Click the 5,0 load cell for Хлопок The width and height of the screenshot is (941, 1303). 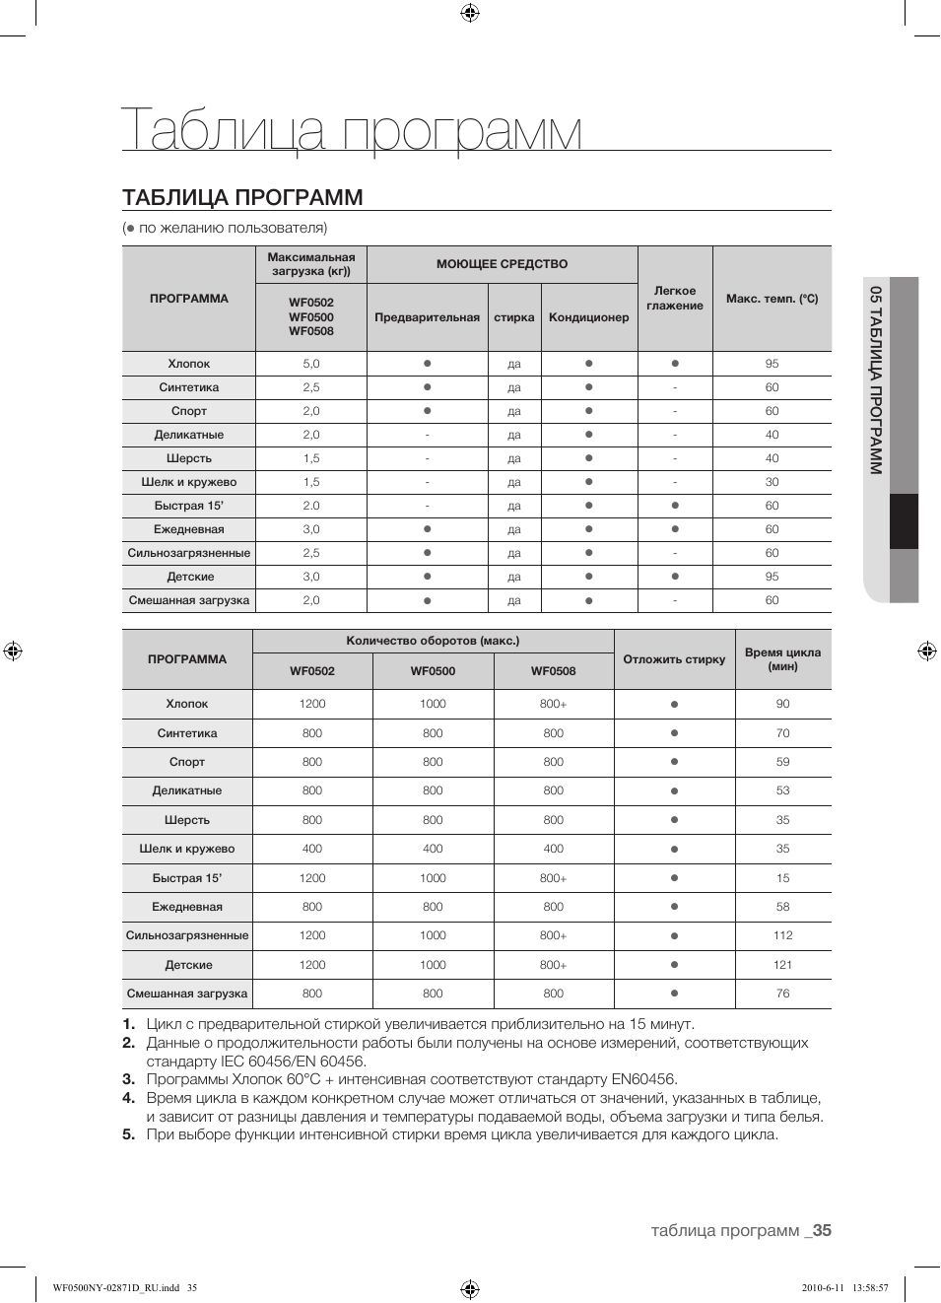(x=311, y=364)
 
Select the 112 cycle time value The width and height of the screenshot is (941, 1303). (x=782, y=935)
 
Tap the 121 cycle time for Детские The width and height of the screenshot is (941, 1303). (x=782, y=965)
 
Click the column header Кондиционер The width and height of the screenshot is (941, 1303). (x=588, y=317)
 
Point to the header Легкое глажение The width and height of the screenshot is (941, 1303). (x=675, y=299)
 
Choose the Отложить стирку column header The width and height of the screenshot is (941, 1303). (x=674, y=659)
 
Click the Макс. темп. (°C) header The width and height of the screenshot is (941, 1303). (x=772, y=299)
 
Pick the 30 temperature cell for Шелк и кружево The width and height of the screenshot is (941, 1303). (x=772, y=482)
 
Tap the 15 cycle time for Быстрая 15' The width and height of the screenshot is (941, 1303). (x=782, y=878)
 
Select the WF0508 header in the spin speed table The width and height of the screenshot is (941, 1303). (x=553, y=671)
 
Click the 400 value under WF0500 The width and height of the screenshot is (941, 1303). (x=433, y=849)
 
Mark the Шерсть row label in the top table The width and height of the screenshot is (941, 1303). (x=189, y=458)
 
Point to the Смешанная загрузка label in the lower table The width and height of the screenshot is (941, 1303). (x=187, y=994)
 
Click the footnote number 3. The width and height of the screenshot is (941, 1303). (x=128, y=1079)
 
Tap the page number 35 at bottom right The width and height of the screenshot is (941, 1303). (x=822, y=1230)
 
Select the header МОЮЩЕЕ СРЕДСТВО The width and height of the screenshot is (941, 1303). (x=502, y=264)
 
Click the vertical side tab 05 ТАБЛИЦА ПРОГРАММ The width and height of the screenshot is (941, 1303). (x=875, y=379)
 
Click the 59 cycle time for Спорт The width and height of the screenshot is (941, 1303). (x=782, y=762)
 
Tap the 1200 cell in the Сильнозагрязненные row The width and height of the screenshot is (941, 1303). (x=312, y=935)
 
